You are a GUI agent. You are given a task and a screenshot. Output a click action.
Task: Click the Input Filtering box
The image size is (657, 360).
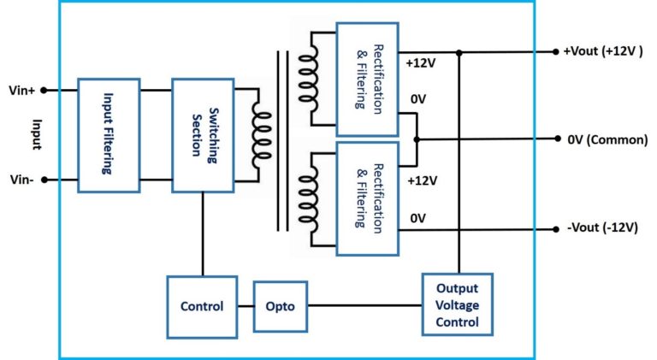click(108, 134)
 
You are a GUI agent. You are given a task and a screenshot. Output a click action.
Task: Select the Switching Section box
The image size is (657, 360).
click(202, 134)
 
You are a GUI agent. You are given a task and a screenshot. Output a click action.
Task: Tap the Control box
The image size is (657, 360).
click(202, 305)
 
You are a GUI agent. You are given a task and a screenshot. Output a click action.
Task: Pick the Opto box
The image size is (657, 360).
click(280, 305)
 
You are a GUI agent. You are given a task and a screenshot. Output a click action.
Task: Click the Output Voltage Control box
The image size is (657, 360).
click(457, 305)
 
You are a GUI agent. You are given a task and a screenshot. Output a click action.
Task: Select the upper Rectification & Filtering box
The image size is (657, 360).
click(367, 79)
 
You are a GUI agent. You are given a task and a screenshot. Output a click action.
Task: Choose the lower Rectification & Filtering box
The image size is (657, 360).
click(367, 198)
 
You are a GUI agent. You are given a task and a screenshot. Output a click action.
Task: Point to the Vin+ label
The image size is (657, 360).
click(21, 89)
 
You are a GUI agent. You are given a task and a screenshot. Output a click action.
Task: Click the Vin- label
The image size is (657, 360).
click(21, 180)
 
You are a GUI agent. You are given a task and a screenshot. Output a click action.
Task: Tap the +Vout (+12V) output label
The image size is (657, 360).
click(603, 51)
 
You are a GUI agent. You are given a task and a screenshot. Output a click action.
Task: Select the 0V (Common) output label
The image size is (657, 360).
click(607, 139)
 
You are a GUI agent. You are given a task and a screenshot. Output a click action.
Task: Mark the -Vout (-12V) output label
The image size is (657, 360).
click(602, 228)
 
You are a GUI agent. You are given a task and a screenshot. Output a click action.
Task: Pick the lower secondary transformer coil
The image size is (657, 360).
click(306, 195)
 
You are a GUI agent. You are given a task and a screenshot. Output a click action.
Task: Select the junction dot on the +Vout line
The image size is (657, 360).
click(460, 52)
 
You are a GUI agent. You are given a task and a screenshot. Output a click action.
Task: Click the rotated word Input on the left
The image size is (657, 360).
click(36, 134)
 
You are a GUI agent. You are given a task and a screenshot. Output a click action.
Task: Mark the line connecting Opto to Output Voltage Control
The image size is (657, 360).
click(364, 305)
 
